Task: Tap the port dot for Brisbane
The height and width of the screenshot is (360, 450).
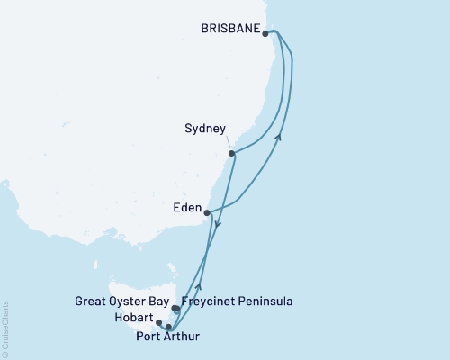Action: [265, 34]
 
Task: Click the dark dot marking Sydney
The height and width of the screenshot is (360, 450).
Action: [232, 154]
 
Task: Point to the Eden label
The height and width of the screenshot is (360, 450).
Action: [187, 208]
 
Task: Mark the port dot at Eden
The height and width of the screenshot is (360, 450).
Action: [208, 213]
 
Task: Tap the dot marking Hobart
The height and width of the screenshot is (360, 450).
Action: [158, 322]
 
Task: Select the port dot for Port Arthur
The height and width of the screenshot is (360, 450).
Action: [168, 328]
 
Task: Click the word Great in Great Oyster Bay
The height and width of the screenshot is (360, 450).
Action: [94, 301]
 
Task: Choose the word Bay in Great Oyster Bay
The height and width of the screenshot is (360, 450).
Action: [161, 301]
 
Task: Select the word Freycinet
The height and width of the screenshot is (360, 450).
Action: [209, 301]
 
